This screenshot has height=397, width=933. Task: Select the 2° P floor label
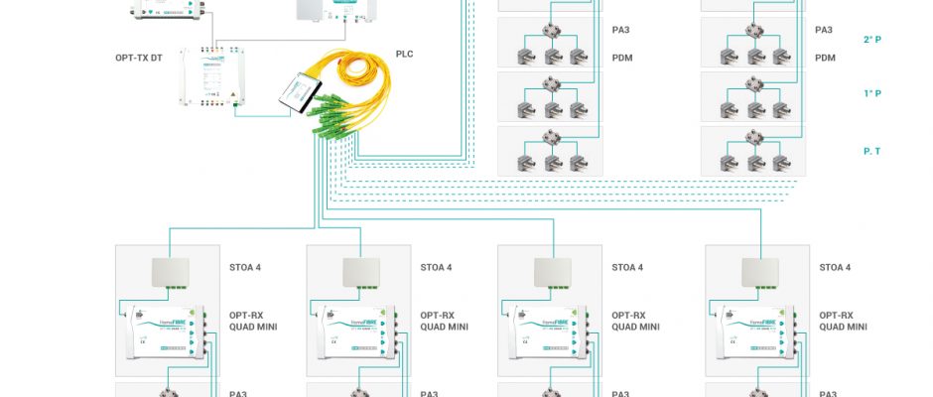coord(872,40)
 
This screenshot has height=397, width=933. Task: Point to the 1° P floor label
coord(872,94)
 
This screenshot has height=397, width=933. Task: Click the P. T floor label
coord(873,150)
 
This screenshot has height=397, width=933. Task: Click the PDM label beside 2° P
coord(825,59)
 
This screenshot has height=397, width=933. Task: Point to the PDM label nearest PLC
coord(622,59)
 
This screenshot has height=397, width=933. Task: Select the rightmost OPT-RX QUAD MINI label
coord(844,321)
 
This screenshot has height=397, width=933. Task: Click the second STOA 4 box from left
coord(360,272)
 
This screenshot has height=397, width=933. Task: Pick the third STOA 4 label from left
coord(627,267)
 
